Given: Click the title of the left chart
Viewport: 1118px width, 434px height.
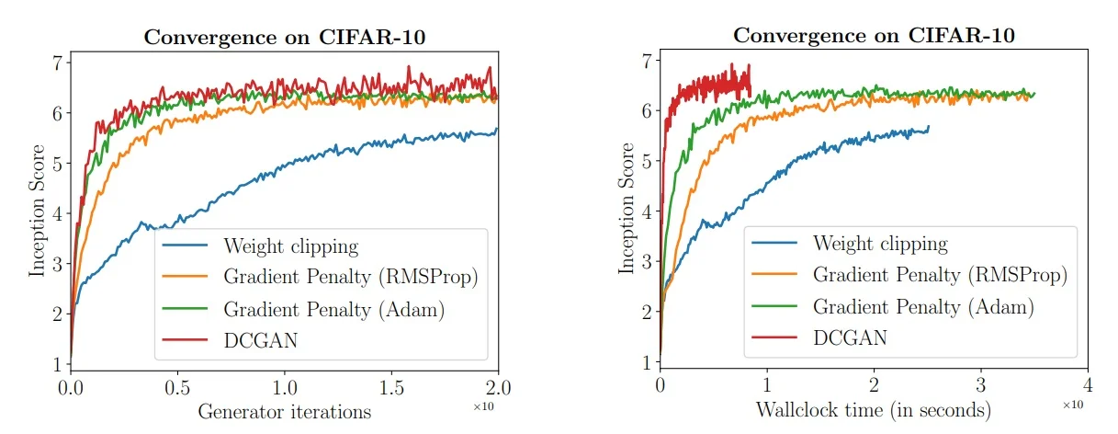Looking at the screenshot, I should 284,39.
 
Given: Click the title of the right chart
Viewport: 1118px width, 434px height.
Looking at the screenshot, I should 874,36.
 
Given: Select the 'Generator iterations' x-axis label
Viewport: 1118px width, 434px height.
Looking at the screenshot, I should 284,411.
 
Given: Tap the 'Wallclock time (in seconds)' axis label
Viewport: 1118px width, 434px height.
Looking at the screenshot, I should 874,408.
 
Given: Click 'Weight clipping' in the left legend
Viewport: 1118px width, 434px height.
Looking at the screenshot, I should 289,246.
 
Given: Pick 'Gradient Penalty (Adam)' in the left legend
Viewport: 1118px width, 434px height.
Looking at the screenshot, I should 333,308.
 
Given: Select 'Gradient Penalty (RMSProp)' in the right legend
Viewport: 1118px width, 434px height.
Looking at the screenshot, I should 939,274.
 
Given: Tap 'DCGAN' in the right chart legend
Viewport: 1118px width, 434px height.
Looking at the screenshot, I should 850,337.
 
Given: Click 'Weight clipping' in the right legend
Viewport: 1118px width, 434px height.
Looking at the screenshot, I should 880,244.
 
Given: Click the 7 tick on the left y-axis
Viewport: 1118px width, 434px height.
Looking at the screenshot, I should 57,63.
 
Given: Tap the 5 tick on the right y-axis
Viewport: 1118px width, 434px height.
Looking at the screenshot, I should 648,161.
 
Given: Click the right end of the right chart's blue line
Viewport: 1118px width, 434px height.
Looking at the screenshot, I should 929,127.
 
